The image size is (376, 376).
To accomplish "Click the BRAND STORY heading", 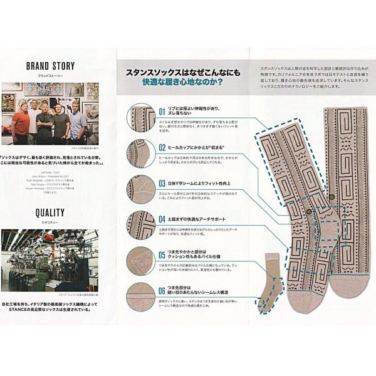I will tap(50, 65).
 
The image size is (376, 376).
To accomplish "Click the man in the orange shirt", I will tap(21, 123).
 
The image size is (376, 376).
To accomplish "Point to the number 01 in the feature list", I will tap(162, 112).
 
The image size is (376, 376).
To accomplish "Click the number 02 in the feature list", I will tap(162, 147).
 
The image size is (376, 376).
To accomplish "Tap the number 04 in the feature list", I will tap(162, 220).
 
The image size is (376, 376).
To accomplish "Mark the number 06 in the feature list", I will tap(162, 291).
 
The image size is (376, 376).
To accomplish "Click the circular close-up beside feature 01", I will tap(141, 117).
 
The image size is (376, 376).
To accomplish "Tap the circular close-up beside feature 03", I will tap(141, 189).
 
